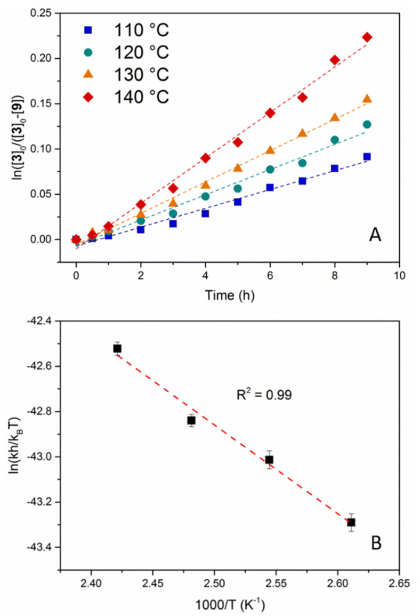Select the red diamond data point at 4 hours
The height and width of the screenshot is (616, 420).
tap(205, 158)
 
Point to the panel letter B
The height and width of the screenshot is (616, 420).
tap(376, 543)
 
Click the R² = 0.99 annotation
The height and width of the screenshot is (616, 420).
tap(266, 396)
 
